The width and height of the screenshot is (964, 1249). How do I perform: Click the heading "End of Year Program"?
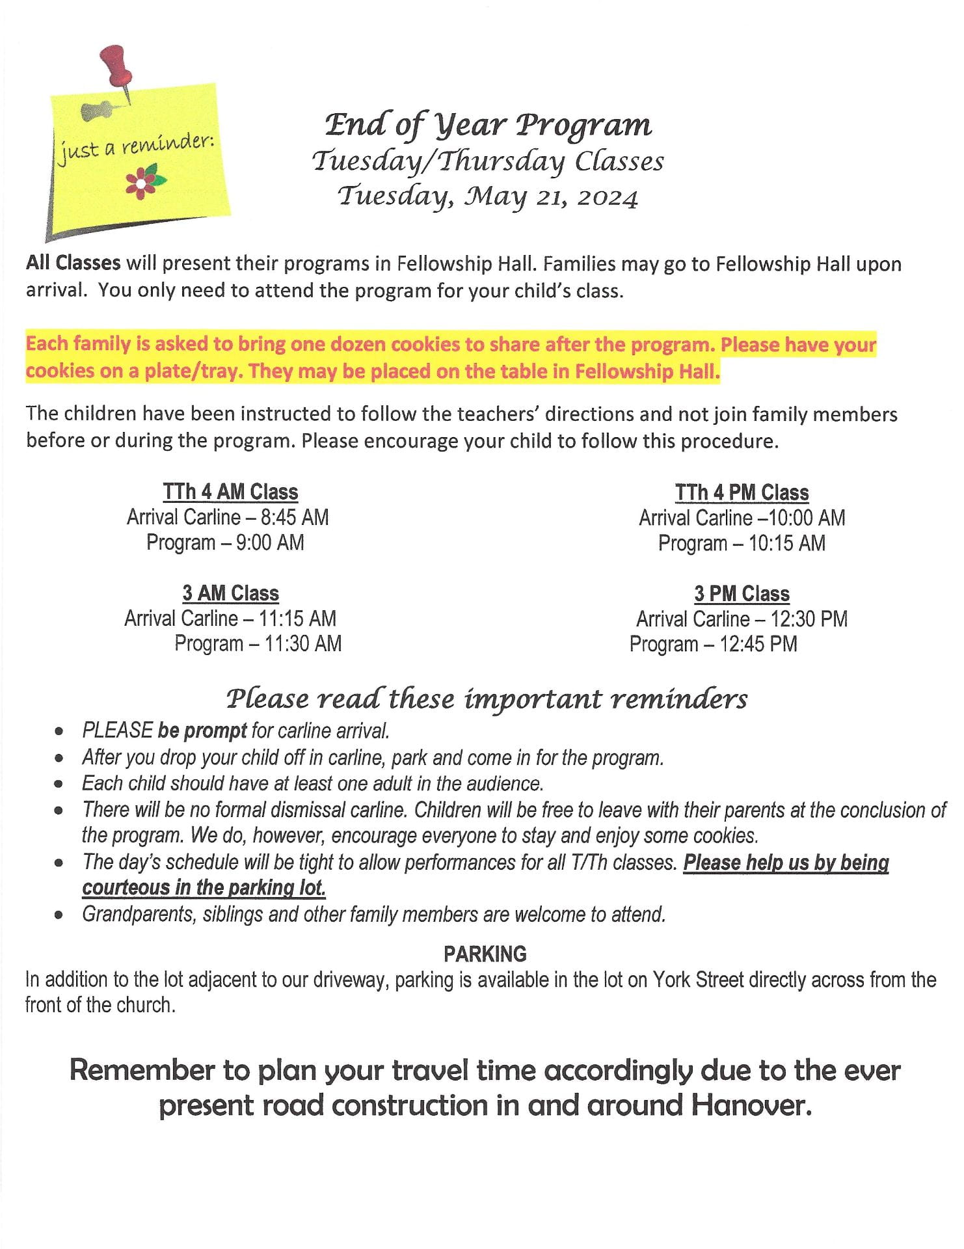pyautogui.click(x=488, y=124)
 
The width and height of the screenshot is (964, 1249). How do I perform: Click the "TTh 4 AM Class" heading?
pyautogui.click(x=230, y=492)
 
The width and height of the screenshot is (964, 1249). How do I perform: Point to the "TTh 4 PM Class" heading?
pyautogui.click(x=742, y=492)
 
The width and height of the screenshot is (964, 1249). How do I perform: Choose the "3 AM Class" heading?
pyautogui.click(x=230, y=593)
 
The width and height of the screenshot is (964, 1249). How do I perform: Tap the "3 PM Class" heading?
pyautogui.click(x=742, y=594)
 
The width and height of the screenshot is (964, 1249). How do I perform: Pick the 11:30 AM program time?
pyautogui.click(x=303, y=644)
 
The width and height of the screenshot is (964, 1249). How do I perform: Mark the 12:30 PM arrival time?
pyautogui.click(x=809, y=619)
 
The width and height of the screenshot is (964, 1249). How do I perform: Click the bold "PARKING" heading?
pyautogui.click(x=485, y=954)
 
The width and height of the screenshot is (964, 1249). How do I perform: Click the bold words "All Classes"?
pyautogui.click(x=73, y=263)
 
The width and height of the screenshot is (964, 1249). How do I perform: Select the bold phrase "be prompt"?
pyautogui.click(x=202, y=731)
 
